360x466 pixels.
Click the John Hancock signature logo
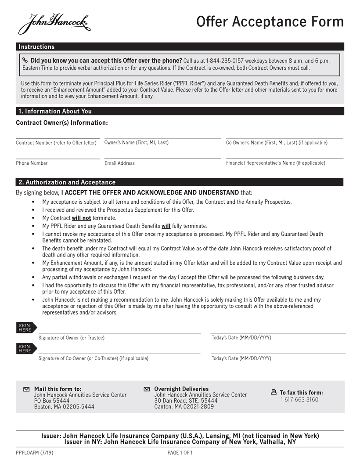tap(54, 23)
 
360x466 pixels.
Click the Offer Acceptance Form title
tap(270, 22)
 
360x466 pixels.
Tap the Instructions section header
tap(36, 47)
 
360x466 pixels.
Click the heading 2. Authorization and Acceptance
tap(67, 182)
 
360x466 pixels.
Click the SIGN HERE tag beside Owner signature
tap(26, 328)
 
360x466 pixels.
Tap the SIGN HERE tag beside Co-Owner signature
tap(26, 349)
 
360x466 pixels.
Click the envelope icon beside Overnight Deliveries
tap(147, 389)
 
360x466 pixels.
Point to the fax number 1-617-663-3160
tap(299, 400)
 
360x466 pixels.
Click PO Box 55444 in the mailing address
tap(52, 401)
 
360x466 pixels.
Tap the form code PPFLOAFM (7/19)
tap(34, 453)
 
